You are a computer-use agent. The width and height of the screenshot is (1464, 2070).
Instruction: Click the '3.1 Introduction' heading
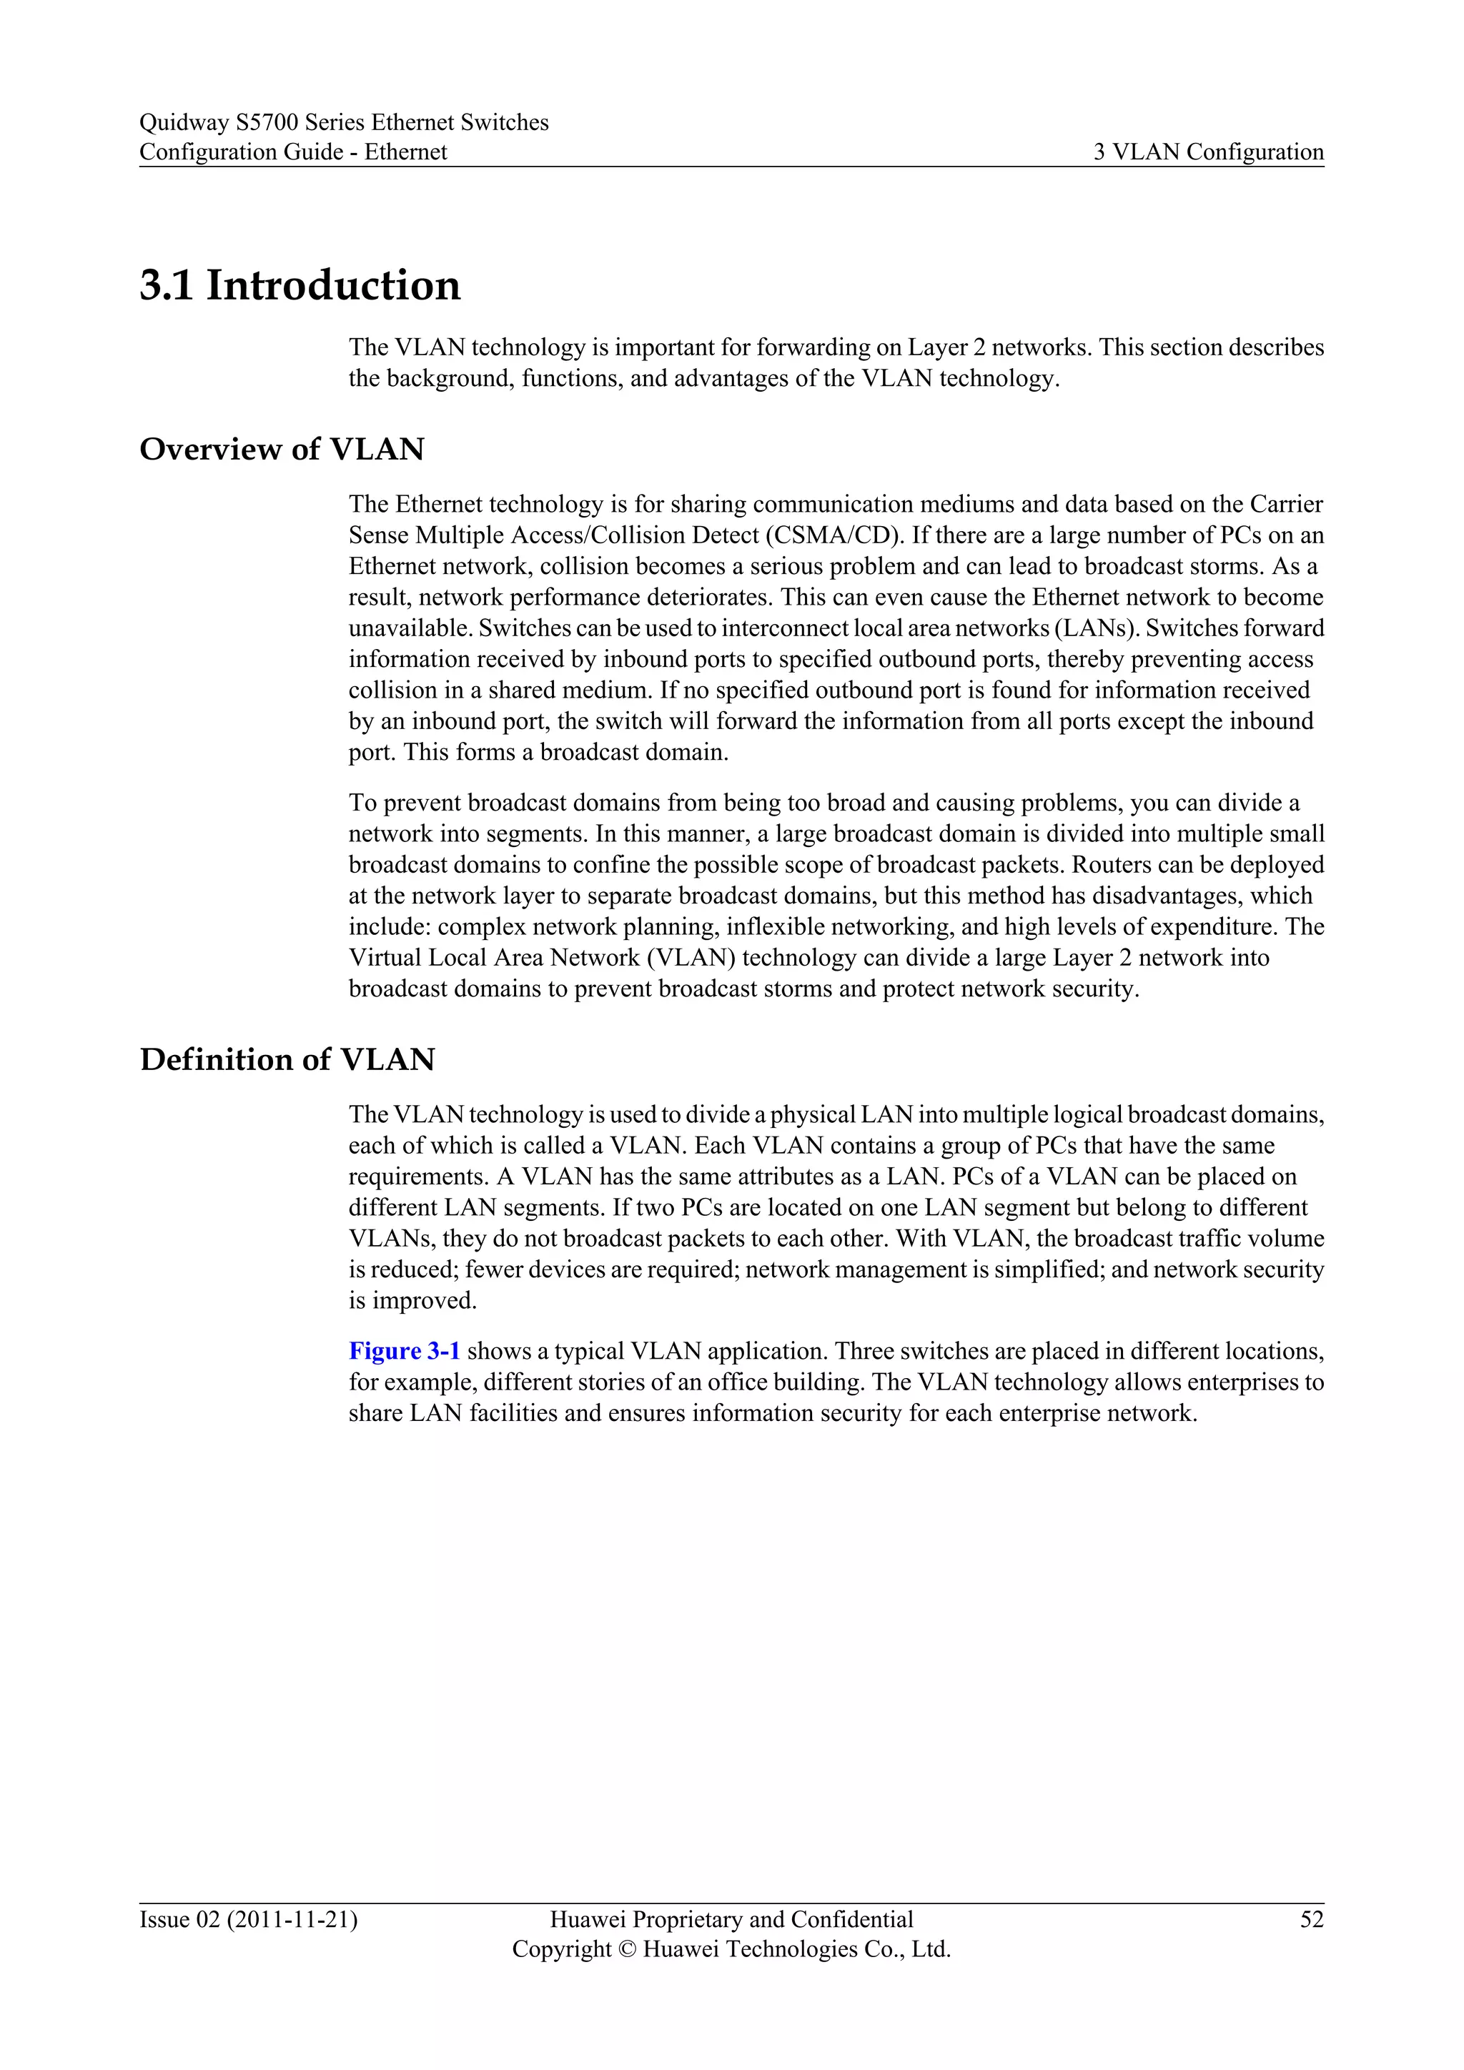tap(300, 286)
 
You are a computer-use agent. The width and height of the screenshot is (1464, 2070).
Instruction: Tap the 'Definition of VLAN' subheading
tap(287, 1059)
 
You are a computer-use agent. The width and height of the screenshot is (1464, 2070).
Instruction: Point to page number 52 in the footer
tap(1312, 1919)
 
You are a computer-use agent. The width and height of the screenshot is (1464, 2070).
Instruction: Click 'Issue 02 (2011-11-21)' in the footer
tap(248, 1919)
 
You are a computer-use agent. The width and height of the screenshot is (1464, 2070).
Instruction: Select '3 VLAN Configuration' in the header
tap(1208, 152)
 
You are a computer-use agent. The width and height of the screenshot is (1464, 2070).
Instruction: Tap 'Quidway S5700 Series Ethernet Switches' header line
tap(343, 122)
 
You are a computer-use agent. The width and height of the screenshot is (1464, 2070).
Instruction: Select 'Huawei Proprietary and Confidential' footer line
tap(731, 1919)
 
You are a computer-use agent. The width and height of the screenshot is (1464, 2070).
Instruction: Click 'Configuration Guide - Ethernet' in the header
tap(293, 152)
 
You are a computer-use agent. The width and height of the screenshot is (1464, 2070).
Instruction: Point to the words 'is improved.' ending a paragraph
tap(412, 1301)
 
